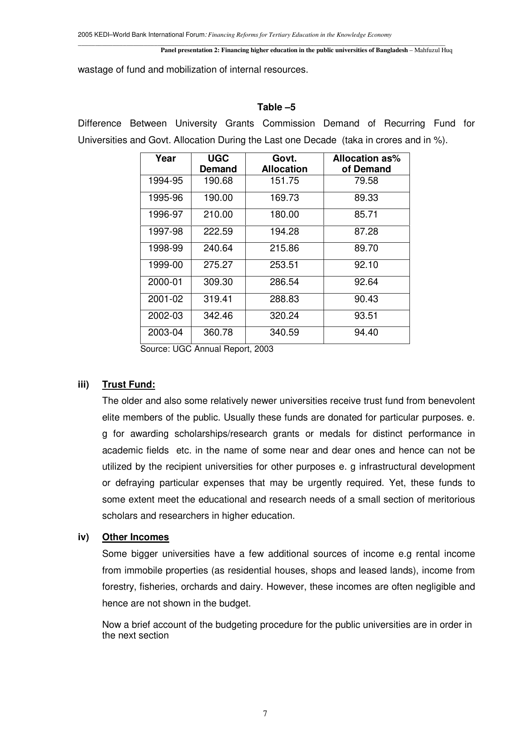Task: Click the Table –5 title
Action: (276, 107)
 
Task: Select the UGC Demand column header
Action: (218, 164)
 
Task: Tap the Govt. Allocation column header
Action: (284, 164)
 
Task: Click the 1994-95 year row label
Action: (165, 181)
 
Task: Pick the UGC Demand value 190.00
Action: (218, 198)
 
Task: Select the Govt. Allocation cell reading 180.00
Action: (284, 215)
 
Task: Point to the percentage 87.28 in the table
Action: (366, 232)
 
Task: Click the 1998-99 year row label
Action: (165, 248)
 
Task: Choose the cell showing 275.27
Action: (218, 265)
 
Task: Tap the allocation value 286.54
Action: (284, 282)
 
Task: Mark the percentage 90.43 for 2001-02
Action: (366, 299)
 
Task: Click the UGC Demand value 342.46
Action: (218, 316)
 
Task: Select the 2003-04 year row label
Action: (165, 332)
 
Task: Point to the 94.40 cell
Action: (366, 332)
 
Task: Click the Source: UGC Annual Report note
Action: (207, 349)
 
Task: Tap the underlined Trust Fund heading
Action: (129, 385)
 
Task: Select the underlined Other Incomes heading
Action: (135, 537)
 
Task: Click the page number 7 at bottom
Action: (265, 713)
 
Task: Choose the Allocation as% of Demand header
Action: (366, 164)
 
